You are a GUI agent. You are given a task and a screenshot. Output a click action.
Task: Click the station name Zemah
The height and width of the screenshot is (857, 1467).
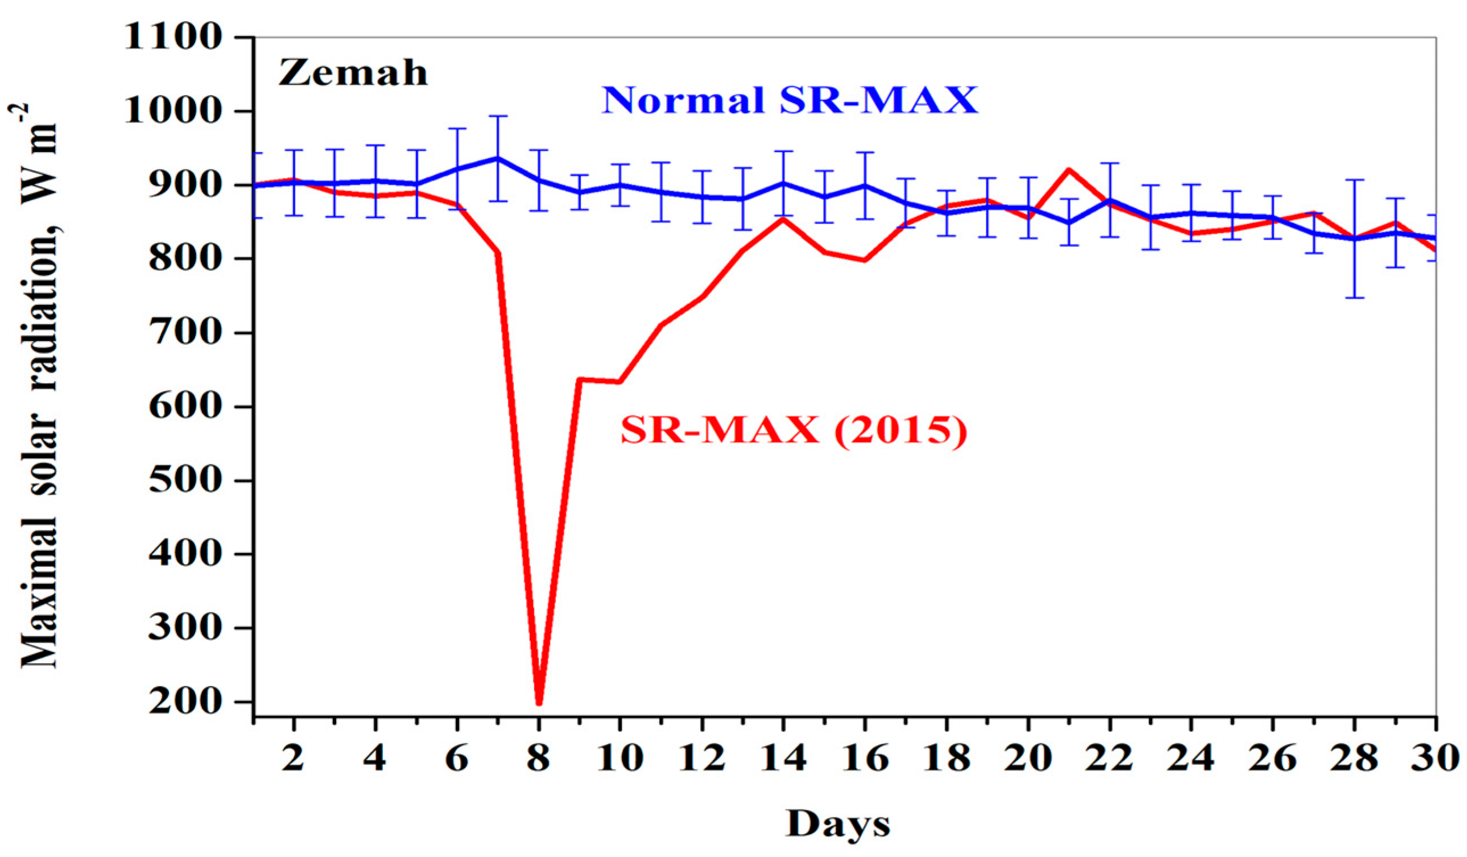coord(353,74)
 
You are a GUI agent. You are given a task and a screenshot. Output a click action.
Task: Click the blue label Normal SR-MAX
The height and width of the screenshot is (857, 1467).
coord(790,100)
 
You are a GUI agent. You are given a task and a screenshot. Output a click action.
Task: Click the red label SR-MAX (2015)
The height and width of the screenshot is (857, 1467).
coord(794,431)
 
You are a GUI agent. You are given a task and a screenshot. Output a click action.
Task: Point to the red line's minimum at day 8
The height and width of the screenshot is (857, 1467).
coord(539,703)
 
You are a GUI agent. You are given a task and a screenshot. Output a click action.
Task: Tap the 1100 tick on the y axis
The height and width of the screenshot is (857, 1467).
coord(173,39)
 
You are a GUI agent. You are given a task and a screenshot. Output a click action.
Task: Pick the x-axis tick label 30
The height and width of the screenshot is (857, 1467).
coord(1435,758)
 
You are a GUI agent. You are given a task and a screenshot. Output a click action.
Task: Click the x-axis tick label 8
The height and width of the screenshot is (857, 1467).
coord(539,758)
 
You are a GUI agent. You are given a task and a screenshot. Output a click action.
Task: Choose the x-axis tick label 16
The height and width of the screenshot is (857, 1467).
coord(865,758)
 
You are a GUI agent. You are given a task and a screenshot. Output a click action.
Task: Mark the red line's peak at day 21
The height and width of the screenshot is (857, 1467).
coord(1069,170)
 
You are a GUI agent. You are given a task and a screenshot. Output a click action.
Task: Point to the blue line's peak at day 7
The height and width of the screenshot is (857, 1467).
coord(498,158)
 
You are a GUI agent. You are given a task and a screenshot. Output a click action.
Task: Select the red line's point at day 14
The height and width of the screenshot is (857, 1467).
coord(784,219)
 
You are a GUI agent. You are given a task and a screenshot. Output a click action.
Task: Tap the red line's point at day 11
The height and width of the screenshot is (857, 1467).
coord(662,325)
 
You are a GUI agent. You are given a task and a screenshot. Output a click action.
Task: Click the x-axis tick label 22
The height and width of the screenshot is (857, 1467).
coord(1110,758)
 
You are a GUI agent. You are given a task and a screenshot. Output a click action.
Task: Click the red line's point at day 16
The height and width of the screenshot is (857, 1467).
coord(865,260)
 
